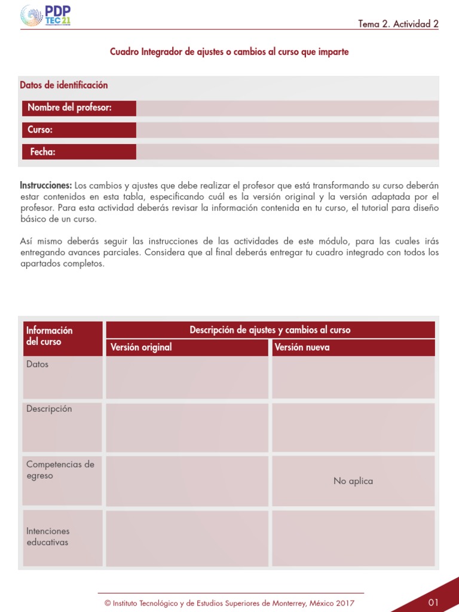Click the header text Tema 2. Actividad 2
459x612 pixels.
coord(398,24)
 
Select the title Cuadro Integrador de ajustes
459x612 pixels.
coord(229,52)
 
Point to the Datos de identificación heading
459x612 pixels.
coord(64,85)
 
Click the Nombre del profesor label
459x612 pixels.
coord(70,108)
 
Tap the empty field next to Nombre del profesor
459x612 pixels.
coord(287,108)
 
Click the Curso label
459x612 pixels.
coord(41,130)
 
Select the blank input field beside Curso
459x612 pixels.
coord(287,130)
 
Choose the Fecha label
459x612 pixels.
coord(42,152)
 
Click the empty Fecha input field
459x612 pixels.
coord(287,152)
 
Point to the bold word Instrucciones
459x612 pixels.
coord(46,185)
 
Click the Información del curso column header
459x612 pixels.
coord(50,336)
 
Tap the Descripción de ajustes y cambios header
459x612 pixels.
coord(270,330)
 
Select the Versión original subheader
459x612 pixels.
coord(141,347)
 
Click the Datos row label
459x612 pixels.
coord(38,364)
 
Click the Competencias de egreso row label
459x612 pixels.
coord(60,470)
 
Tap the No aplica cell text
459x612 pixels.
coord(353,481)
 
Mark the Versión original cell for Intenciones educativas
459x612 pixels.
coord(187,538)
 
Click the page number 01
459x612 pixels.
coord(433,602)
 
